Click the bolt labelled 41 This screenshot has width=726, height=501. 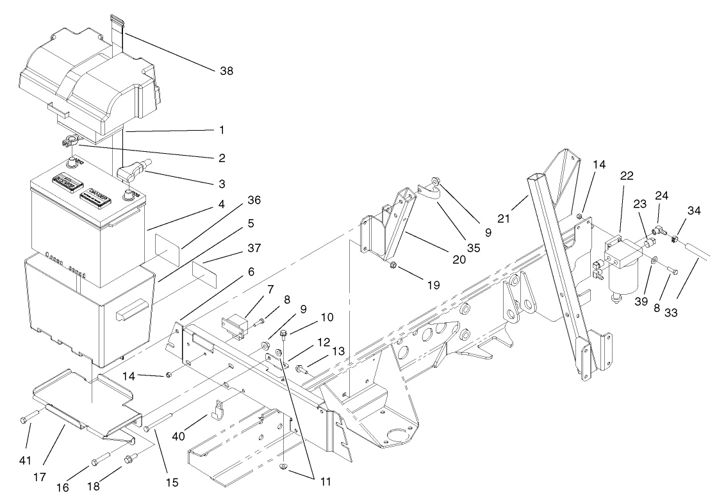[29, 418]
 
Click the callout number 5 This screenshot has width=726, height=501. [233, 224]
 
